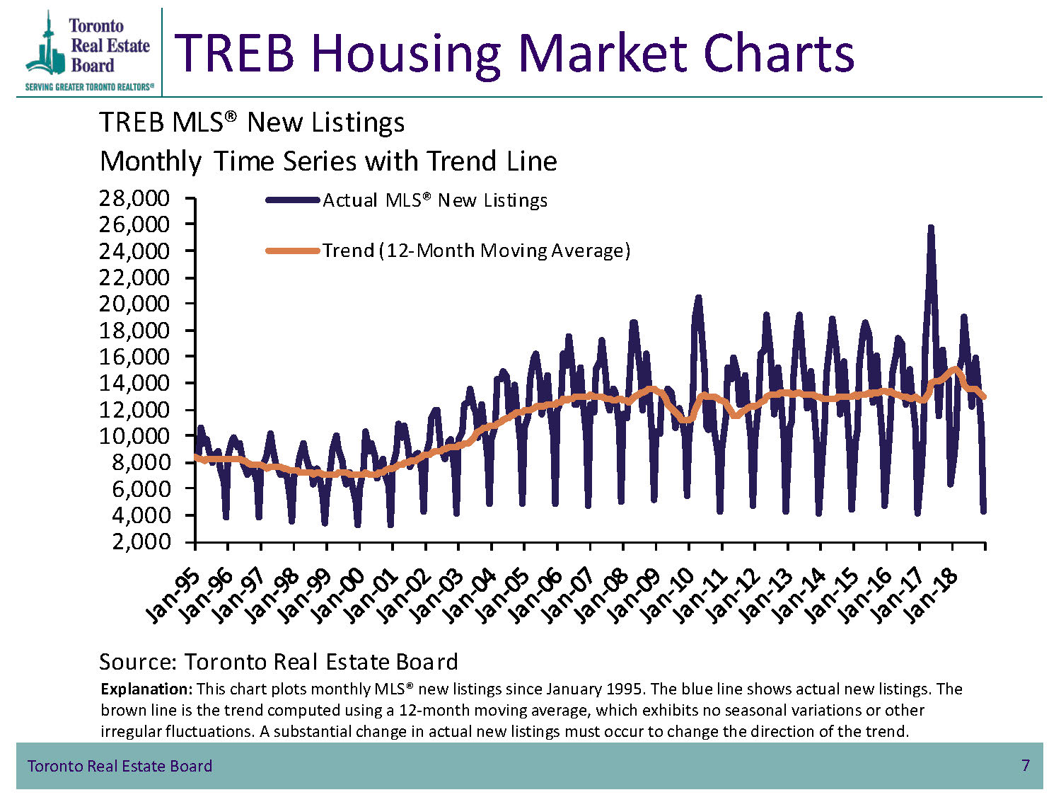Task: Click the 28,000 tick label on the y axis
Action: [134, 198]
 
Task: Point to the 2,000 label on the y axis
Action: [141, 542]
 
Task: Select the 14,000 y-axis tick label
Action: [134, 383]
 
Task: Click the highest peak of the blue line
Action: [930, 227]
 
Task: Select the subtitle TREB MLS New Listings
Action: [251, 122]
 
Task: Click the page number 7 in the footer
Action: [1025, 765]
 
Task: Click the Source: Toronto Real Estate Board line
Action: [279, 662]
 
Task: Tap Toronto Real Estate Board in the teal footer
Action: [120, 766]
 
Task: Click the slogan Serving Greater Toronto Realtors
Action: [89, 87]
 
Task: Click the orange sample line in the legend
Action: [293, 251]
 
